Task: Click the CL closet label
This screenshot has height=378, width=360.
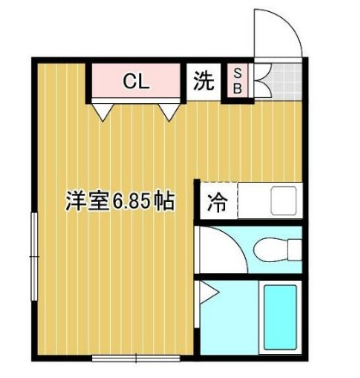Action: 136,82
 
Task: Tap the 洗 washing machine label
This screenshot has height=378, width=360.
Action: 204,82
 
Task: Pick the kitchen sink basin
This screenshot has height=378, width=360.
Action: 284,202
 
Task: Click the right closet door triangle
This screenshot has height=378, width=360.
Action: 169,110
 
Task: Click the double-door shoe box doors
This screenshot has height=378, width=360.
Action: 258,82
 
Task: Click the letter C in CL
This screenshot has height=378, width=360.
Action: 129,82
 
